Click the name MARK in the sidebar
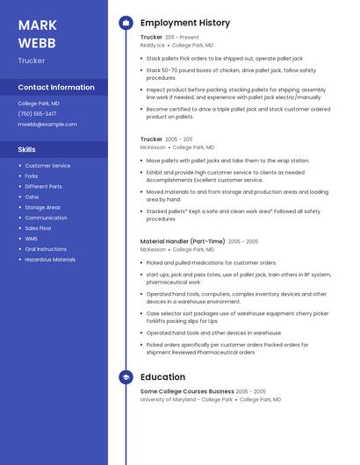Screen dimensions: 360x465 pos(37,25)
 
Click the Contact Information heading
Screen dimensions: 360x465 pos(56,88)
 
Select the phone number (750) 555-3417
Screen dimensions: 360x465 pos(37,113)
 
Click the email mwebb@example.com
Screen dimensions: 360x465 pos(47,124)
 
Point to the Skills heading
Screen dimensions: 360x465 pos(26,149)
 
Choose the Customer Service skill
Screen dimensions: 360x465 pos(47,166)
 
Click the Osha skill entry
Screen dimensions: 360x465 pos(32,197)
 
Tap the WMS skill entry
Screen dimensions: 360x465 pos(32,239)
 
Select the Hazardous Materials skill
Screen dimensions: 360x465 pos(50,260)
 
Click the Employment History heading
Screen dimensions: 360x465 pos(185,23)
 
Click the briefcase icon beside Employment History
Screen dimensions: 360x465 pos(126,23)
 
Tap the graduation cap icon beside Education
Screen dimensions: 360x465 pos(126,377)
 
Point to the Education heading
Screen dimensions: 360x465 pos(162,377)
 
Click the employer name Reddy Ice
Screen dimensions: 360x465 pos(152,45)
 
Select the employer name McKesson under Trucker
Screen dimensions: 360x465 pos(153,147)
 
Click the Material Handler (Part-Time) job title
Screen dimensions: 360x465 pos(183,241)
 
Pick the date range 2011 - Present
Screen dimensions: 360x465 pos(183,38)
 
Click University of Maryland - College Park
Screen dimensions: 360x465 pos(186,399)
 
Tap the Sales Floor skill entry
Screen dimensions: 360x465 pos(38,228)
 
